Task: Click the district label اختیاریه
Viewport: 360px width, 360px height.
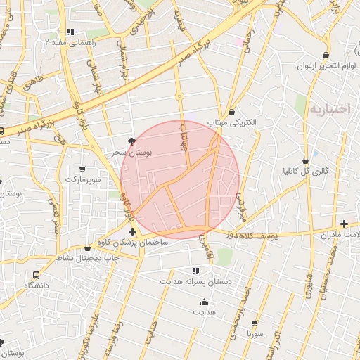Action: [x=330, y=110]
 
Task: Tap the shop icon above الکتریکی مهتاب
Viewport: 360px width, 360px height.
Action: [x=232, y=112]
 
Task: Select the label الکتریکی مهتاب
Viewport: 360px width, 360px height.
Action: [x=232, y=122]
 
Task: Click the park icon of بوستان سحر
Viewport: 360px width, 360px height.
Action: [x=131, y=141]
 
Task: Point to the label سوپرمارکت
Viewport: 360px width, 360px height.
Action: [x=84, y=179]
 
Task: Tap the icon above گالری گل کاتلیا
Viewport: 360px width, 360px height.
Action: [x=305, y=160]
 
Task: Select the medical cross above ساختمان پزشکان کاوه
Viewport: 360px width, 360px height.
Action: [x=132, y=231]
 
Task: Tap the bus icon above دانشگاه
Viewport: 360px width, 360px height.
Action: [x=36, y=275]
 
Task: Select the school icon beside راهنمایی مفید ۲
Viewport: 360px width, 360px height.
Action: [x=70, y=32]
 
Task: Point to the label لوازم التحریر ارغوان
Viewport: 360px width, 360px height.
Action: [x=324, y=66]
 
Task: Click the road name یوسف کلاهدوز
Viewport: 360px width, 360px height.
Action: [x=248, y=236]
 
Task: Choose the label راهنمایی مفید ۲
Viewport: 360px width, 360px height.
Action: [x=68, y=42]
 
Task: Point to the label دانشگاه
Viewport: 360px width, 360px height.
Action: [x=37, y=285]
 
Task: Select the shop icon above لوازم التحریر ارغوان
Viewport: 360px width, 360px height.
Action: [x=326, y=55]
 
